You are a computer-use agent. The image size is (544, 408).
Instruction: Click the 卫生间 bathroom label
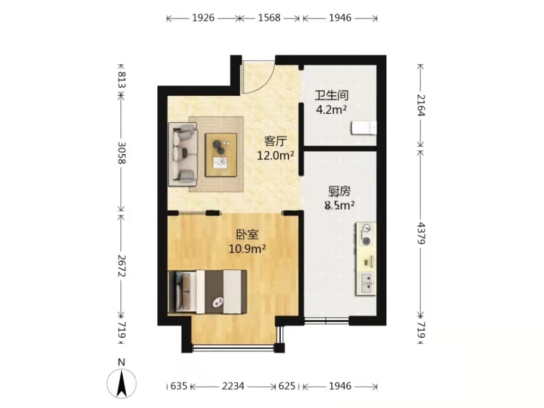pyautogui.click(x=331, y=95)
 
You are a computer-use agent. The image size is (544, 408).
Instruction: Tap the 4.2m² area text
pyautogui.click(x=331, y=110)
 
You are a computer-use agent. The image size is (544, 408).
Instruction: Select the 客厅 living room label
pyautogui.click(x=275, y=141)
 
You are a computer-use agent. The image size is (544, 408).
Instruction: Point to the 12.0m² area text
pyautogui.click(x=275, y=156)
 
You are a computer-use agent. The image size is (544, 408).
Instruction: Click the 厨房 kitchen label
pyautogui.click(x=339, y=191)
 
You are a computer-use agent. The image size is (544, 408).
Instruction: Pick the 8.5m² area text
pyautogui.click(x=339, y=206)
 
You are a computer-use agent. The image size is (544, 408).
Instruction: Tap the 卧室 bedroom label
pyautogui.click(x=248, y=234)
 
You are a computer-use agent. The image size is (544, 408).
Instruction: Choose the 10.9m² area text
pyautogui.click(x=248, y=249)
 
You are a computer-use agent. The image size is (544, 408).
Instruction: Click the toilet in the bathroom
pyautogui.click(x=363, y=128)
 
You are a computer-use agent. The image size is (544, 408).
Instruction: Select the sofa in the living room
pyautogui.click(x=183, y=154)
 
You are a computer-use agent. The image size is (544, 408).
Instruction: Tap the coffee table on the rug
pyautogui.click(x=221, y=154)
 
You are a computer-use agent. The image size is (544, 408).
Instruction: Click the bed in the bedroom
pyautogui.click(x=207, y=292)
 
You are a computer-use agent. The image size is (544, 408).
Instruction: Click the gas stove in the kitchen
pyautogui.click(x=366, y=234)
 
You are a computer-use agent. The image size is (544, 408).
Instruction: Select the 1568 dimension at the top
pyautogui.click(x=269, y=18)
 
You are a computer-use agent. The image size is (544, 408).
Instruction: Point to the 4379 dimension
pyautogui.click(x=421, y=233)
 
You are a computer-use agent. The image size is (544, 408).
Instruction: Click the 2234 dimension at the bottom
pyautogui.click(x=233, y=386)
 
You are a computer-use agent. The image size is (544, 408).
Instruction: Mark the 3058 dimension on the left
pyautogui.click(x=121, y=153)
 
